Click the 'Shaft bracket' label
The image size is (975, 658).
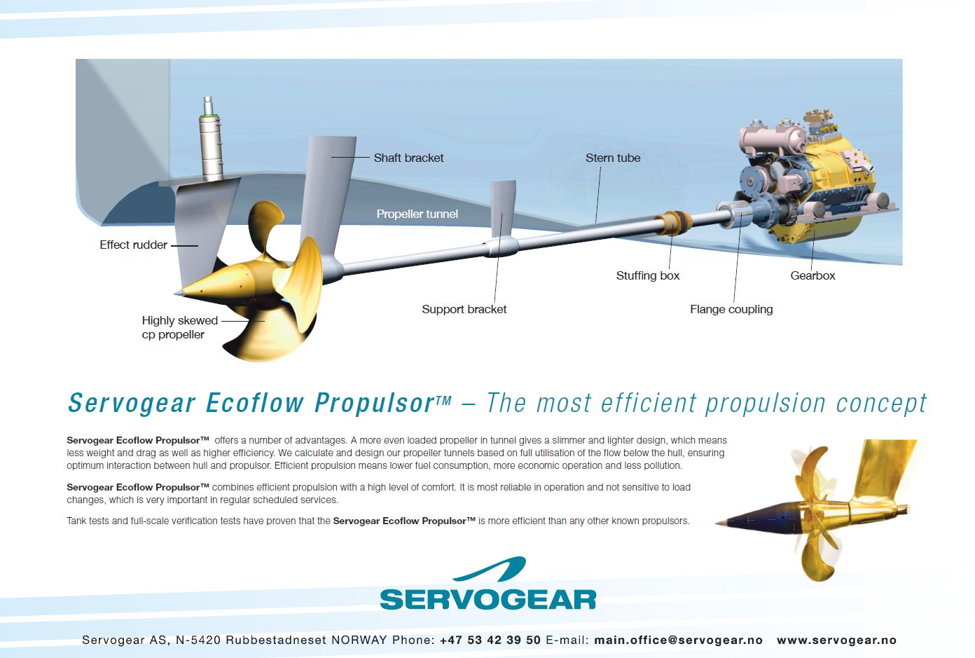(408, 158)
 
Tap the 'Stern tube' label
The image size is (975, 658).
(613, 158)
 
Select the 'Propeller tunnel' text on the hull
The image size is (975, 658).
(417, 214)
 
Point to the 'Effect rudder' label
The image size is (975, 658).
(133, 245)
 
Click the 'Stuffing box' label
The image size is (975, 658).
(648, 275)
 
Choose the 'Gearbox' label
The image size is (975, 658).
(813, 275)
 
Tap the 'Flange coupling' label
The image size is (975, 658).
(731, 309)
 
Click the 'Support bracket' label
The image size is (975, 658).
(464, 309)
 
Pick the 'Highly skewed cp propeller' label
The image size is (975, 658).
(179, 327)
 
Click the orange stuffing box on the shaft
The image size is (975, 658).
(673, 223)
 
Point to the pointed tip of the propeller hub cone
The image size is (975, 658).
(175, 294)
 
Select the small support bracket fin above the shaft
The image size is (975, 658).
(503, 209)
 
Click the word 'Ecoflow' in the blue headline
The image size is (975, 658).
(255, 402)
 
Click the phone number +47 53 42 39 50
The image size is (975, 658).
(490, 640)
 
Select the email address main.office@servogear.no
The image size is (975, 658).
(678, 640)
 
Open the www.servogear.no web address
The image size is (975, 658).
(836, 640)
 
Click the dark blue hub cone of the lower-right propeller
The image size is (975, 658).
(766, 517)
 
